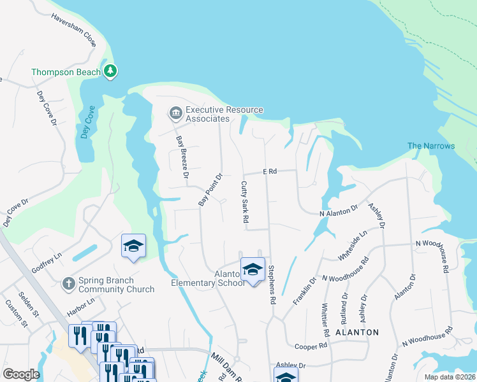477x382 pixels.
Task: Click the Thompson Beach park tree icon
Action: (111, 71)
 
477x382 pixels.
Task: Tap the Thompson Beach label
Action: (66, 72)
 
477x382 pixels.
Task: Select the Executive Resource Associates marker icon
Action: (175, 113)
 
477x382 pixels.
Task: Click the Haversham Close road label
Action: (73, 32)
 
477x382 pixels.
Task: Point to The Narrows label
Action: (431, 146)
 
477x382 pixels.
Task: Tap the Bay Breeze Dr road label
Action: (182, 157)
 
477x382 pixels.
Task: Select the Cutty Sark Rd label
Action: (244, 202)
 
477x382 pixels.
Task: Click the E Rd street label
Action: (271, 172)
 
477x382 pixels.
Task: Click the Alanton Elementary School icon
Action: (253, 269)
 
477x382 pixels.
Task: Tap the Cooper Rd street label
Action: (311, 346)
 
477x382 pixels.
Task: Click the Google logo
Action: (21, 374)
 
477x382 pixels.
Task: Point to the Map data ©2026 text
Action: (450, 377)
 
